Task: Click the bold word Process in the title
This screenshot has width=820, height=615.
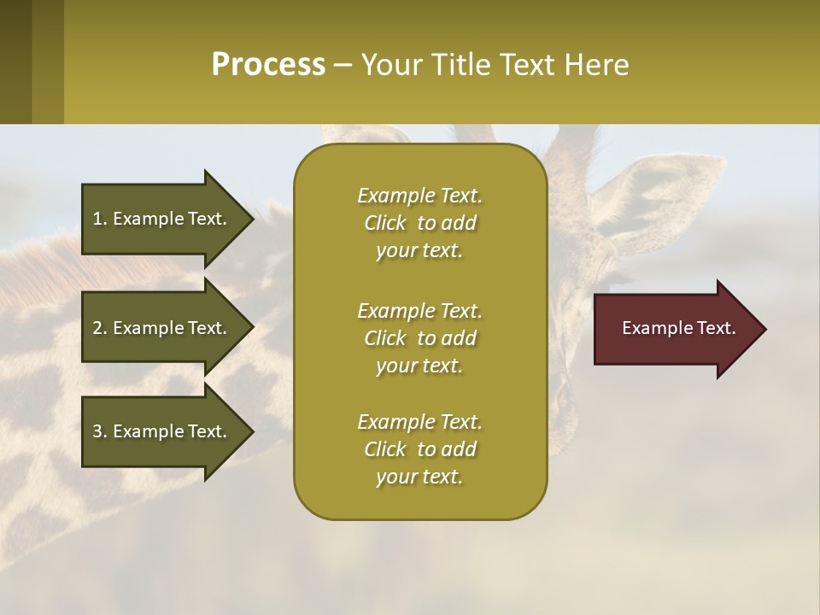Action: click(268, 65)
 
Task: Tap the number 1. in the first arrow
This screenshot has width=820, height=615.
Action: click(100, 219)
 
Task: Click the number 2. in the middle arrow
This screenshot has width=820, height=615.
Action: click(100, 328)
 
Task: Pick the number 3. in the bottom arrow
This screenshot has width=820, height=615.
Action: click(100, 431)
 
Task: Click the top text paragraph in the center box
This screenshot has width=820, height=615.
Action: click(419, 223)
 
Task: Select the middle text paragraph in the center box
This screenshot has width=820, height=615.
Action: click(419, 337)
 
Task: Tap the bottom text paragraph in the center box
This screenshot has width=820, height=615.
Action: click(419, 449)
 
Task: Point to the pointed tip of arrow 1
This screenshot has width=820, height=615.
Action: click(251, 219)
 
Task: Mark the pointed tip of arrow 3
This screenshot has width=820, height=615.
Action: click(251, 431)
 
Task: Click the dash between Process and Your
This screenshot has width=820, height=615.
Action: click(343, 65)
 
